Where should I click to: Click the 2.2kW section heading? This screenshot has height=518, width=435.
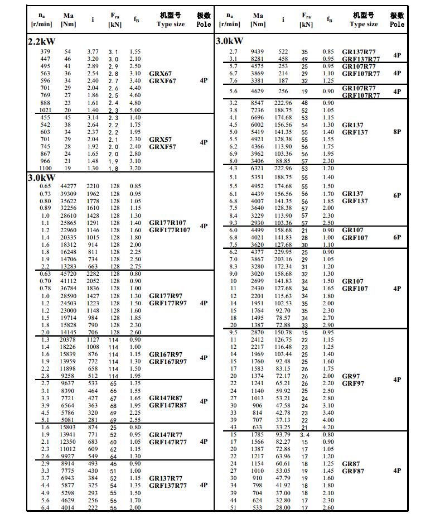pyautogui.click(x=42, y=42)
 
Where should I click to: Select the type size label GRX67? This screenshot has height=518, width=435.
pyautogui.click(x=161, y=74)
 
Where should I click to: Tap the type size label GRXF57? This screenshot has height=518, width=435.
pyautogui.click(x=162, y=147)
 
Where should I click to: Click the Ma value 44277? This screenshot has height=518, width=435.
pyautogui.click(x=68, y=186)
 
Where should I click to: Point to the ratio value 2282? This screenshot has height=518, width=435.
pyautogui.click(x=92, y=274)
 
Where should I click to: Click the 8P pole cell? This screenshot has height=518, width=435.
pyautogui.click(x=397, y=132)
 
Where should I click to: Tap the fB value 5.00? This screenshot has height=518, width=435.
pyautogui.click(x=135, y=111)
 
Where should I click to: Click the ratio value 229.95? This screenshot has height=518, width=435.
pyautogui.click(x=283, y=252)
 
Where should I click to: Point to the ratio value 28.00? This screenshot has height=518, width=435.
pyautogui.click(x=283, y=507)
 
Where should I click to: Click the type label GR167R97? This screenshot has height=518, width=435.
pyautogui.click(x=166, y=354)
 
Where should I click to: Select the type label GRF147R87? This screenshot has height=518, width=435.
pyautogui.click(x=168, y=405)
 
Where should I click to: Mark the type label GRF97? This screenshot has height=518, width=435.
pyautogui.click(x=353, y=383)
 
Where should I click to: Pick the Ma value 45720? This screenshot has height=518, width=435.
pyautogui.click(x=68, y=274)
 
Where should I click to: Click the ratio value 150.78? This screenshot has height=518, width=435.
pyautogui.click(x=283, y=333)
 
